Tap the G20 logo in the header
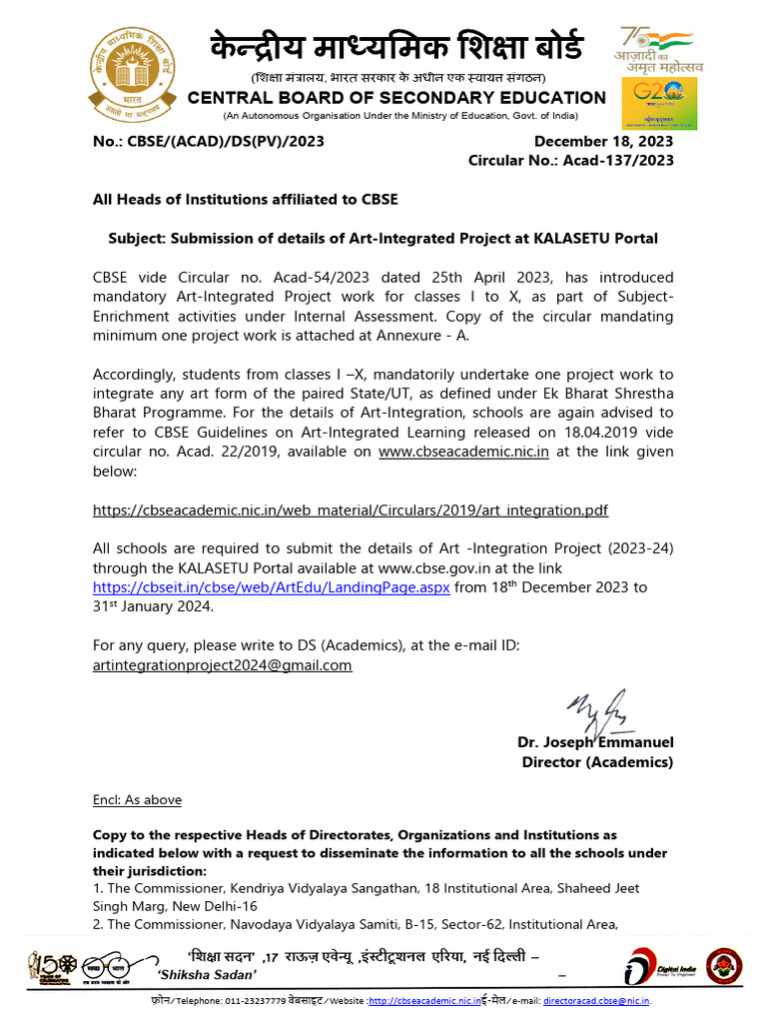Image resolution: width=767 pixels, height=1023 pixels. coord(660,105)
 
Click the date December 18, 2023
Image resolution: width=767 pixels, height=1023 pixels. coord(603,142)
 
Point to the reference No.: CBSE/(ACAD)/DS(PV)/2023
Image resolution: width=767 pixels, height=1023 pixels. coord(208,142)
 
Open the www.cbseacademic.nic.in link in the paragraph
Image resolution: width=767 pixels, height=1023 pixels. coord(464,452)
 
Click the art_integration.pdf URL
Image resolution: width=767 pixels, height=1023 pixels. coord(350,510)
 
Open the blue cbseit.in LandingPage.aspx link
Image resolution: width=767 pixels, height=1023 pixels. coord(272,587)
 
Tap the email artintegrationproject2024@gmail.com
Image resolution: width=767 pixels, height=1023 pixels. coord(222,664)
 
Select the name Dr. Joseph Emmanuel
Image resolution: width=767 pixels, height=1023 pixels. coord(595,742)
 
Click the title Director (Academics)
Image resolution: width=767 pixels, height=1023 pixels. coord(597,762)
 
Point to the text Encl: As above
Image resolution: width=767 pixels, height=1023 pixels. coord(137,800)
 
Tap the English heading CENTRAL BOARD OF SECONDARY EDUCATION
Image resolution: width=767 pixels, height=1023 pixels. coord(396,97)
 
